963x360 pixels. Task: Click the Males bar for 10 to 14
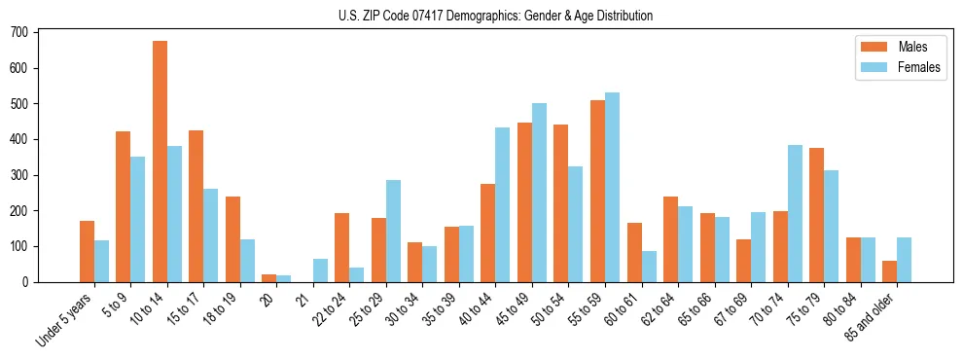coord(160,162)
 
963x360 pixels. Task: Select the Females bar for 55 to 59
coord(612,187)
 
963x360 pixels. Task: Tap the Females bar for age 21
coord(320,270)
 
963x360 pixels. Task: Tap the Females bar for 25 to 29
coord(393,231)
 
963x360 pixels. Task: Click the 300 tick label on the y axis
coord(19,175)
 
